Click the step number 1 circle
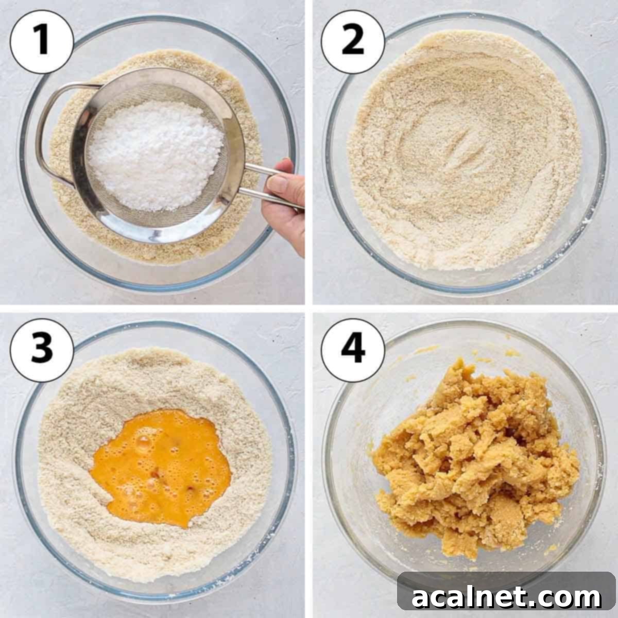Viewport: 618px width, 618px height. click(x=42, y=42)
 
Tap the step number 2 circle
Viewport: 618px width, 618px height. click(x=353, y=42)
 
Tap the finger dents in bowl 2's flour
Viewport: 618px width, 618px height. click(x=469, y=147)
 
